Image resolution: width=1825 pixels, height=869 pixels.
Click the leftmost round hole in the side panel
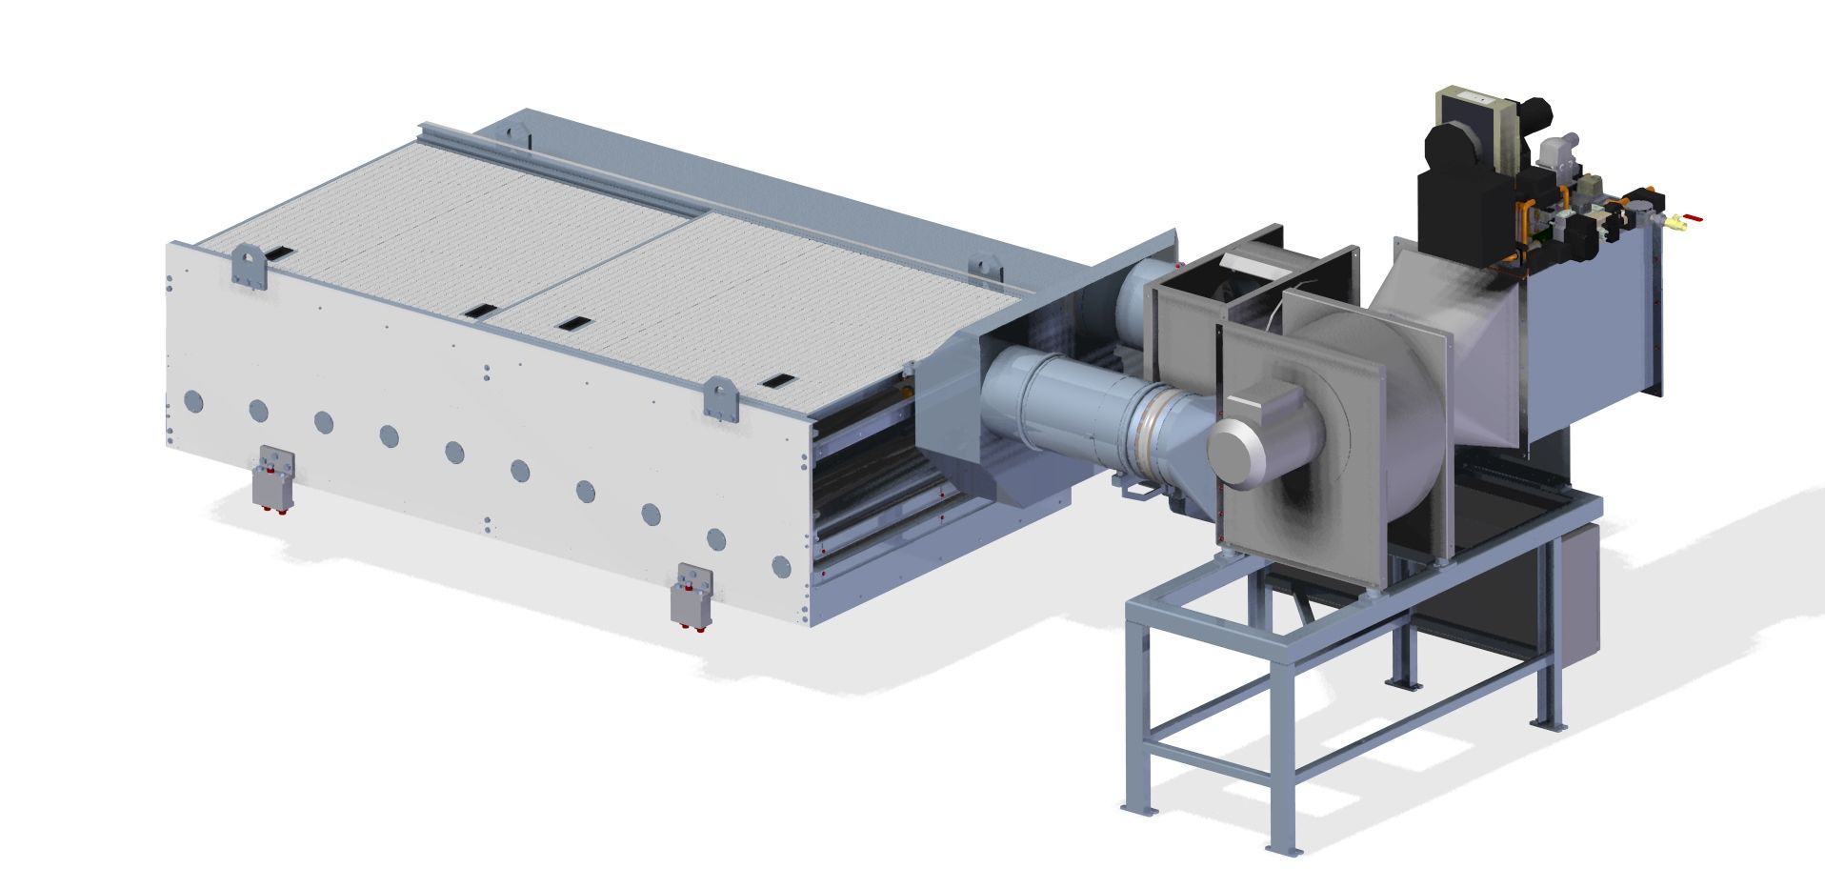click(193, 400)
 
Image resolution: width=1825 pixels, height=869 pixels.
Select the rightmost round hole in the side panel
click(781, 567)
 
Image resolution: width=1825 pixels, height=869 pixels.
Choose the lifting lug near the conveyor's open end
click(721, 396)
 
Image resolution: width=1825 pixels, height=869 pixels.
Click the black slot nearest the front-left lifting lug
click(280, 253)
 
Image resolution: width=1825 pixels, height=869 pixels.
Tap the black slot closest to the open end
click(775, 381)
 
